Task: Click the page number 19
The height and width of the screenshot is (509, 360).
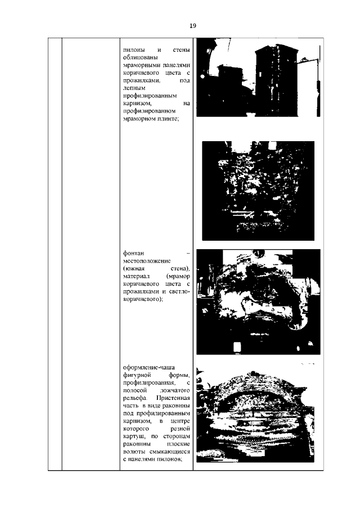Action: click(193, 26)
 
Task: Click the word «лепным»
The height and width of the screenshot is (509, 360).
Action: click(134, 88)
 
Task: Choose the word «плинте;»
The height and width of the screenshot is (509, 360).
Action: click(169, 119)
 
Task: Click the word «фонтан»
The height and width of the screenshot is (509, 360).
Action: click(133, 254)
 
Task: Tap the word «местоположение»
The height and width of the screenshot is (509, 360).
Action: click(147, 261)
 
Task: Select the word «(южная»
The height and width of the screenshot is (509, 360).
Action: click(134, 269)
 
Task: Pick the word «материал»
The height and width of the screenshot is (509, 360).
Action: click(136, 276)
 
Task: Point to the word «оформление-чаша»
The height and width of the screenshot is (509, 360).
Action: click(149, 368)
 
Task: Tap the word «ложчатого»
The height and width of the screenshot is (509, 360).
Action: click(175, 390)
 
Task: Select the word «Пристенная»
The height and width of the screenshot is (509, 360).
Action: click(173, 398)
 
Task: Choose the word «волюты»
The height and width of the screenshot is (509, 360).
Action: click(134, 452)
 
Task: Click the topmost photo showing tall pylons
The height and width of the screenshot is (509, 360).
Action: click(258, 78)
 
